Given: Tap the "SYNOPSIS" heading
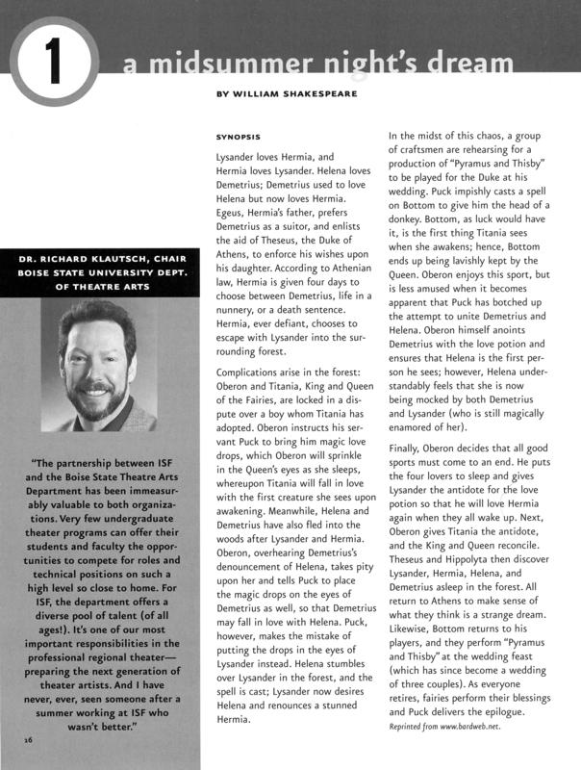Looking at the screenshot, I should [x=239, y=137].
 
